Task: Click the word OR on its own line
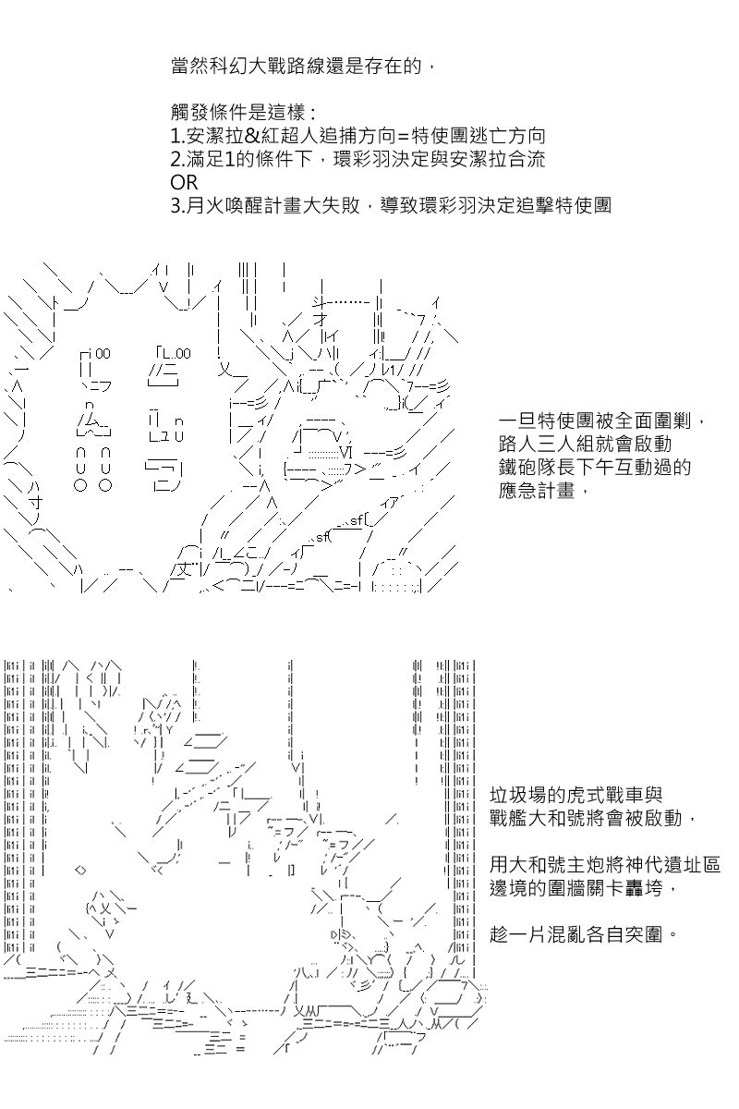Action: pyautogui.click(x=184, y=183)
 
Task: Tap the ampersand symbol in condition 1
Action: pyautogui.click(x=252, y=136)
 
